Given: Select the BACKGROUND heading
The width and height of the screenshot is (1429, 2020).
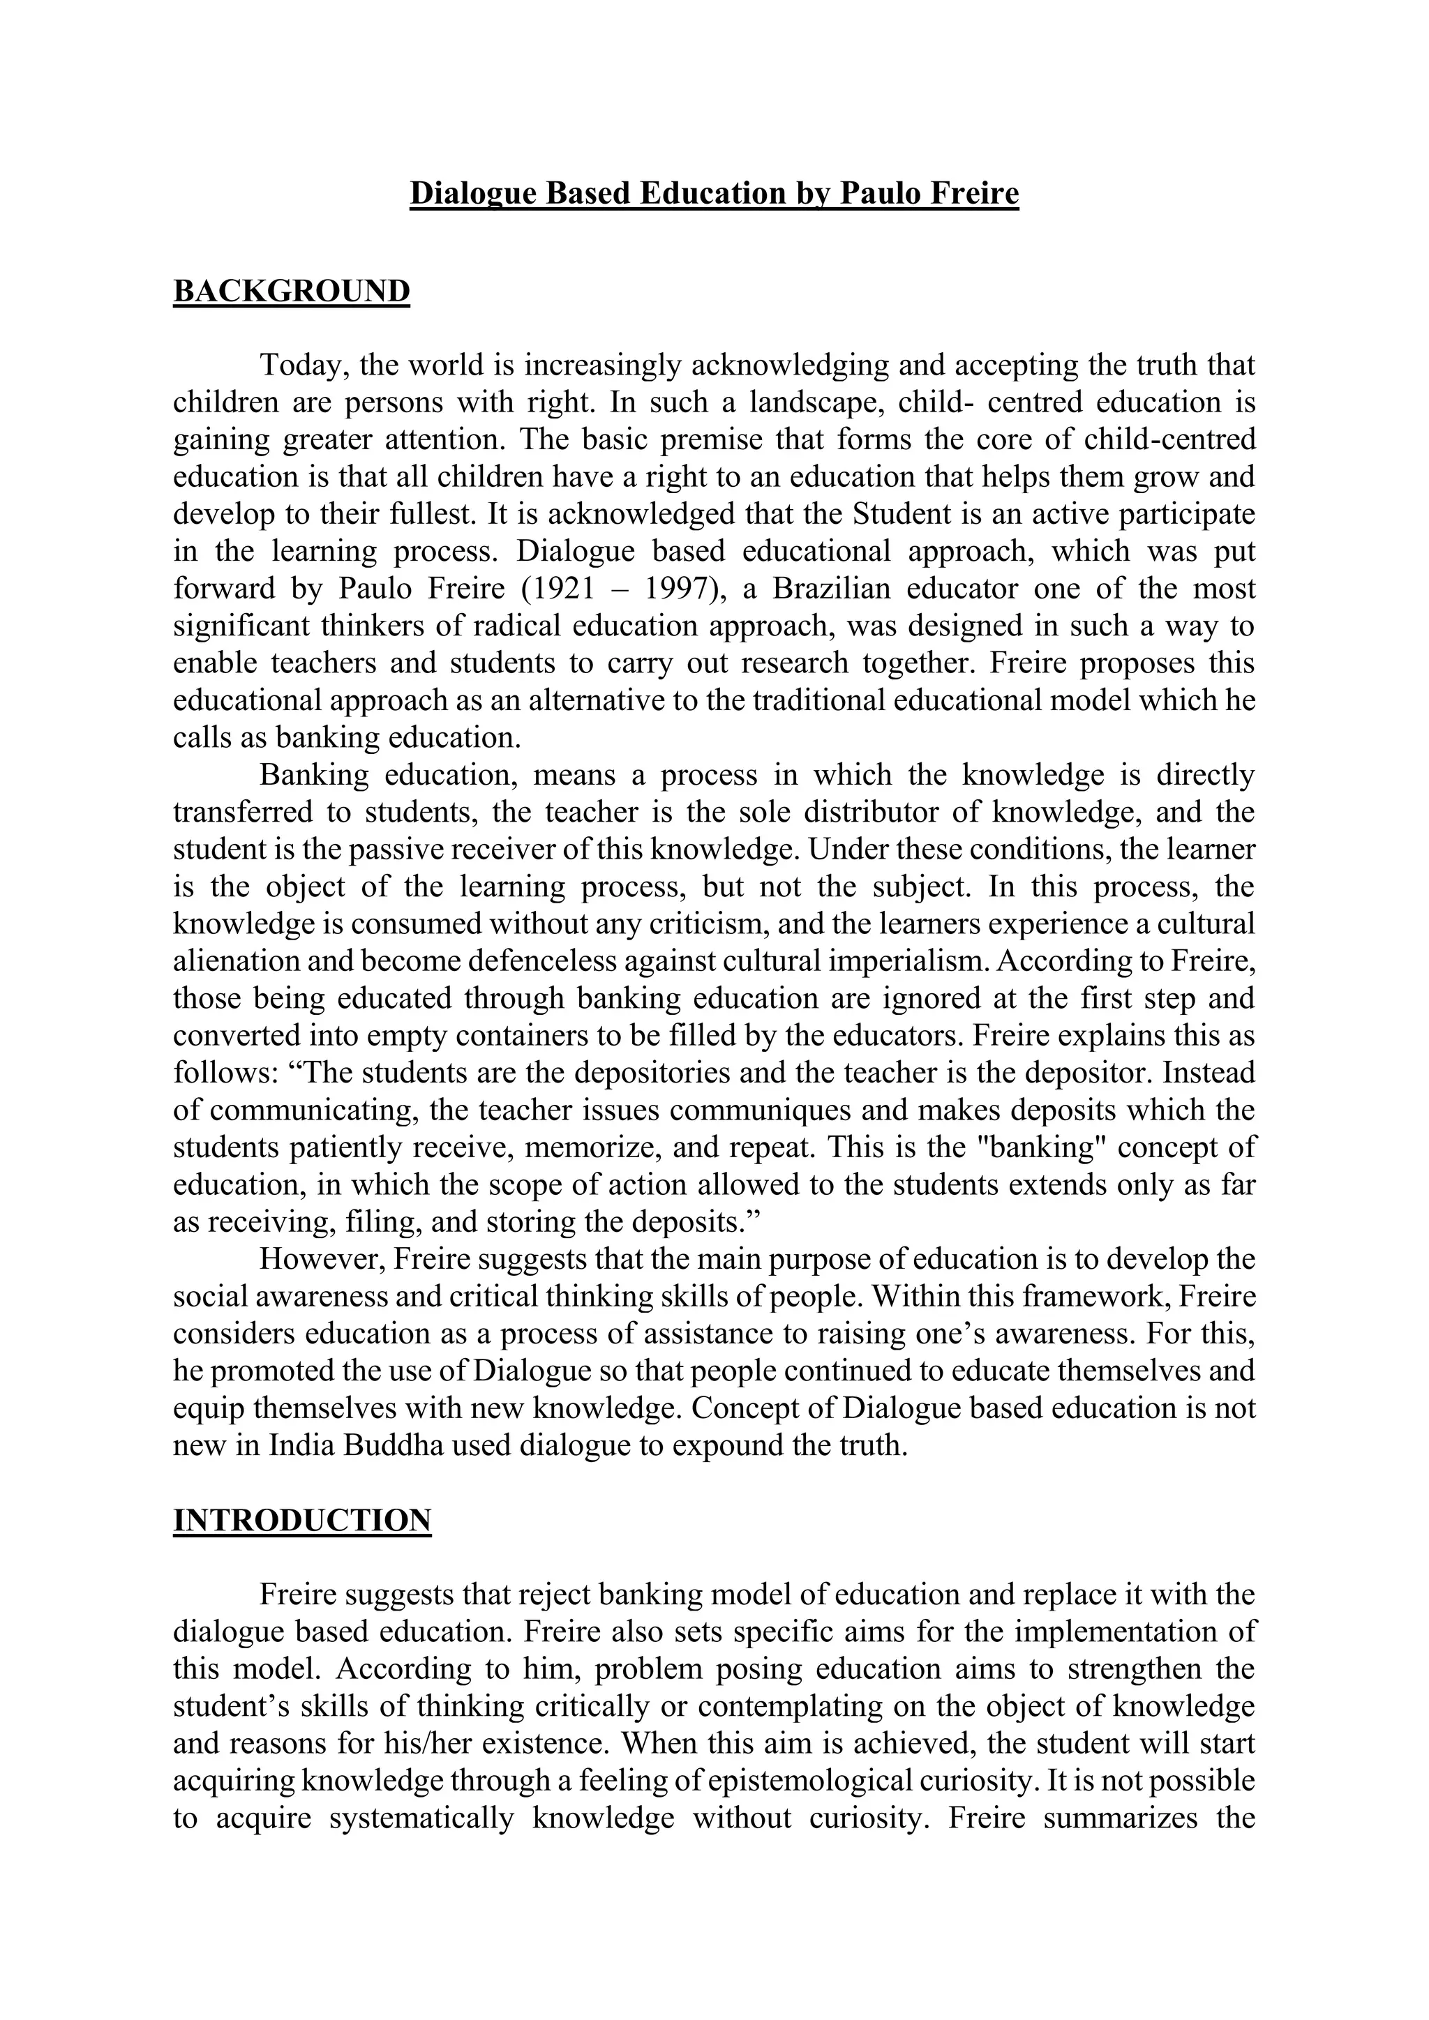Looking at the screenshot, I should coord(291,291).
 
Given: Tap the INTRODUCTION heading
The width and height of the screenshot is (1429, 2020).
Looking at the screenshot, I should coord(302,1519).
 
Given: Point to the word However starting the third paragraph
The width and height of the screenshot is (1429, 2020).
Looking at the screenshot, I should coord(320,1259).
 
